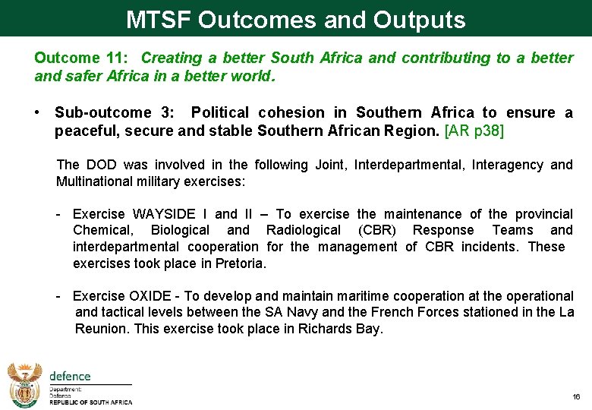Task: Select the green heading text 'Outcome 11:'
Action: tap(83, 58)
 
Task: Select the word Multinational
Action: tap(92, 181)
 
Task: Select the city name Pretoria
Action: tap(241, 263)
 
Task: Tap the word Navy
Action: tap(324, 312)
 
